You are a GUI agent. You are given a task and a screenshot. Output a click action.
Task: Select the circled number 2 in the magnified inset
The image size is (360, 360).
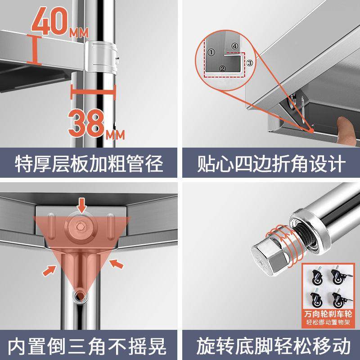click(221, 68)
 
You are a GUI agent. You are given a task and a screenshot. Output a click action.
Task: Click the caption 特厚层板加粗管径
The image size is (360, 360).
click(90, 164)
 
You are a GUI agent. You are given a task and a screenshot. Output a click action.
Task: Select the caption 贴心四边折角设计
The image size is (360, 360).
click(270, 164)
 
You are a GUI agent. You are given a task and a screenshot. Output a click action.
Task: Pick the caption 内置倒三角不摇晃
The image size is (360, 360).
click(90, 346)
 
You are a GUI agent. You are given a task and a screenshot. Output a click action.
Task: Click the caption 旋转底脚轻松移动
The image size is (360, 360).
click(270, 346)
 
